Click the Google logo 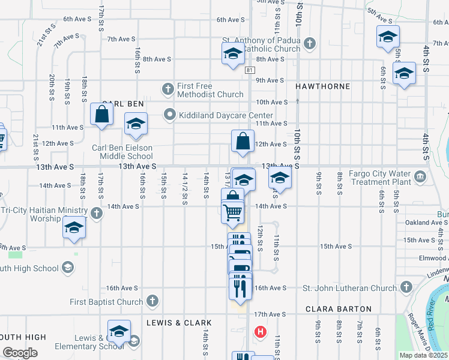[19, 353]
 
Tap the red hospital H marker [261, 331]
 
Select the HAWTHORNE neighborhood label [323, 86]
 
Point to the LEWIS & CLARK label [170, 323]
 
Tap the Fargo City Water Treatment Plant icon [420, 177]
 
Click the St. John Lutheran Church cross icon [406, 287]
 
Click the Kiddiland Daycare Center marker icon [170, 114]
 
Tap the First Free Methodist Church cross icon [169, 89]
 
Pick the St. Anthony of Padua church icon [309, 43]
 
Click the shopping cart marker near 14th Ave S [232, 212]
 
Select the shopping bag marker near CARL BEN [101, 114]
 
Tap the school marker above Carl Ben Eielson [136, 124]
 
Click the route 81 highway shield [249, 70]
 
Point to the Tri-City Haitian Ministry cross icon [96, 213]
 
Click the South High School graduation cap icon [68, 267]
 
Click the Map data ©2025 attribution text [423, 355]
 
